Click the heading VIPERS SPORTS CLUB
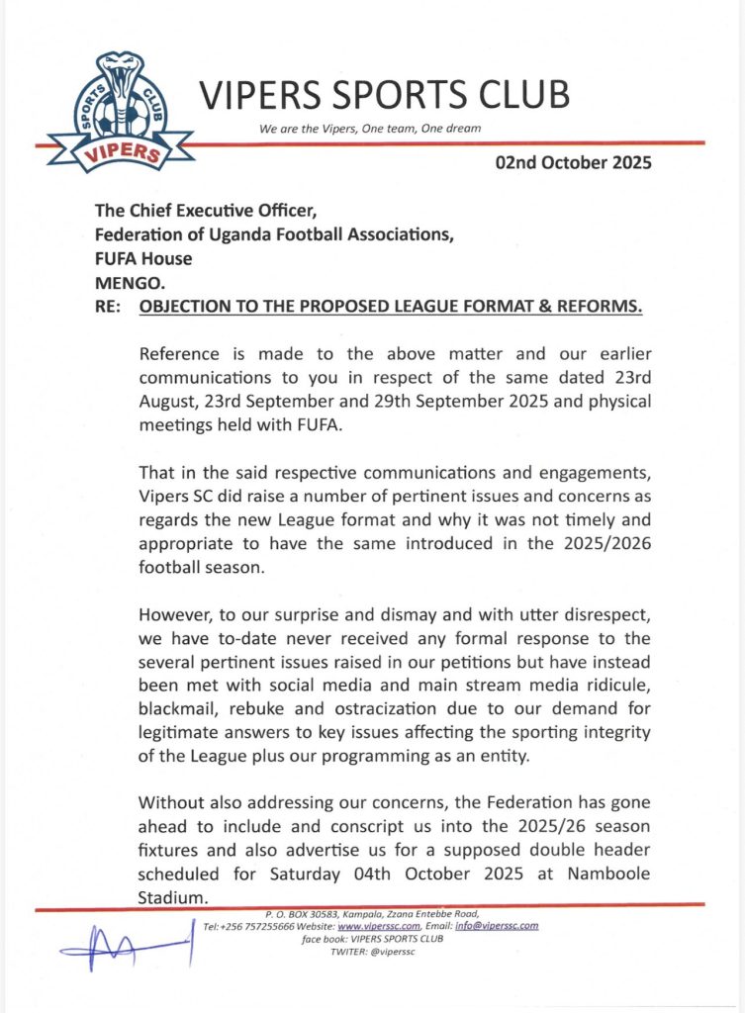pos(385,95)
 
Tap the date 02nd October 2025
pos(574,163)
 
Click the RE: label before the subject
pos(107,308)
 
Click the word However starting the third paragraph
pos(177,614)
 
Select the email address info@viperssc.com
pos(491,926)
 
